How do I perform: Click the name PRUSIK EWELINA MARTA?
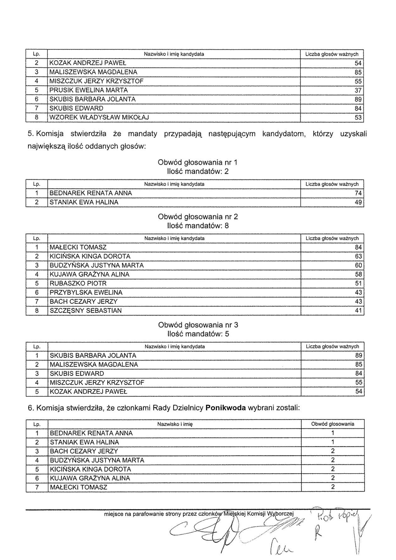[x=89, y=91]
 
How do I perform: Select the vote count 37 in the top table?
[x=358, y=91]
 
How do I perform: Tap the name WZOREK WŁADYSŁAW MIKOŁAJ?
[x=99, y=118]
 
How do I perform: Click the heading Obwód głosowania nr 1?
[x=198, y=162]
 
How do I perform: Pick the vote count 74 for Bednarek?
[x=358, y=193]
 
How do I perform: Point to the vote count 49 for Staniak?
[x=358, y=202]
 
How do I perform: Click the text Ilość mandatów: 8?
[x=198, y=226]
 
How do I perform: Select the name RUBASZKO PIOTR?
[x=78, y=283]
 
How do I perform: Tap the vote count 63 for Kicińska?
[x=358, y=256]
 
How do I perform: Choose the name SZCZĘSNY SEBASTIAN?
[x=86, y=311]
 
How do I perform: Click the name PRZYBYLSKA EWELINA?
[x=86, y=293]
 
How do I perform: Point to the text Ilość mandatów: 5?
[x=198, y=334]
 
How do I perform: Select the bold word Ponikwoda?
[x=226, y=408]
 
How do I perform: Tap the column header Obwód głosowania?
[x=333, y=424]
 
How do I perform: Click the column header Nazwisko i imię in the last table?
[x=175, y=424]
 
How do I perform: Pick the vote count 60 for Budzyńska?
[x=358, y=266]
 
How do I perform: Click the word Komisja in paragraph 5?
[x=50, y=134]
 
